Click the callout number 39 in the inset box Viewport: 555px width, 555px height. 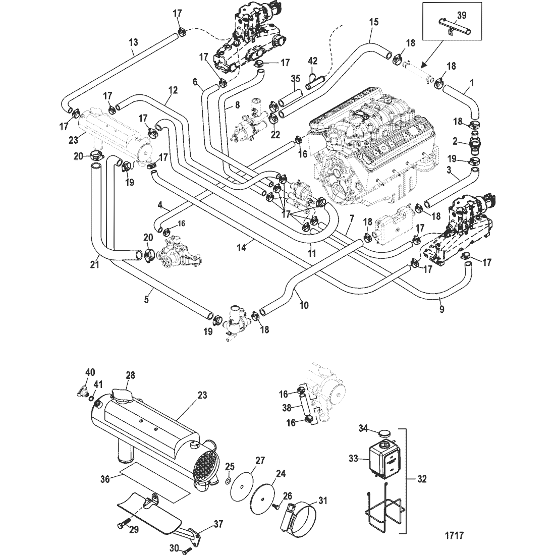click(461, 15)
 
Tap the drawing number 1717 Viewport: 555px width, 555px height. click(454, 535)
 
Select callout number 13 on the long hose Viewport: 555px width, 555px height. click(133, 42)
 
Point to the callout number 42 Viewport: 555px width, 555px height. click(312, 61)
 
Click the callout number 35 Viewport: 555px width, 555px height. click(296, 78)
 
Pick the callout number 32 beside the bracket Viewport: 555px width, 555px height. click(421, 479)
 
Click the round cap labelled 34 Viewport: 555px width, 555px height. click(383, 433)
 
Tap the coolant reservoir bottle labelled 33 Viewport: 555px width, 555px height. click(384, 459)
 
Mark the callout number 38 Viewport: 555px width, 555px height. click(287, 408)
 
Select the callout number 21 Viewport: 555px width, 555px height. click(94, 264)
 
